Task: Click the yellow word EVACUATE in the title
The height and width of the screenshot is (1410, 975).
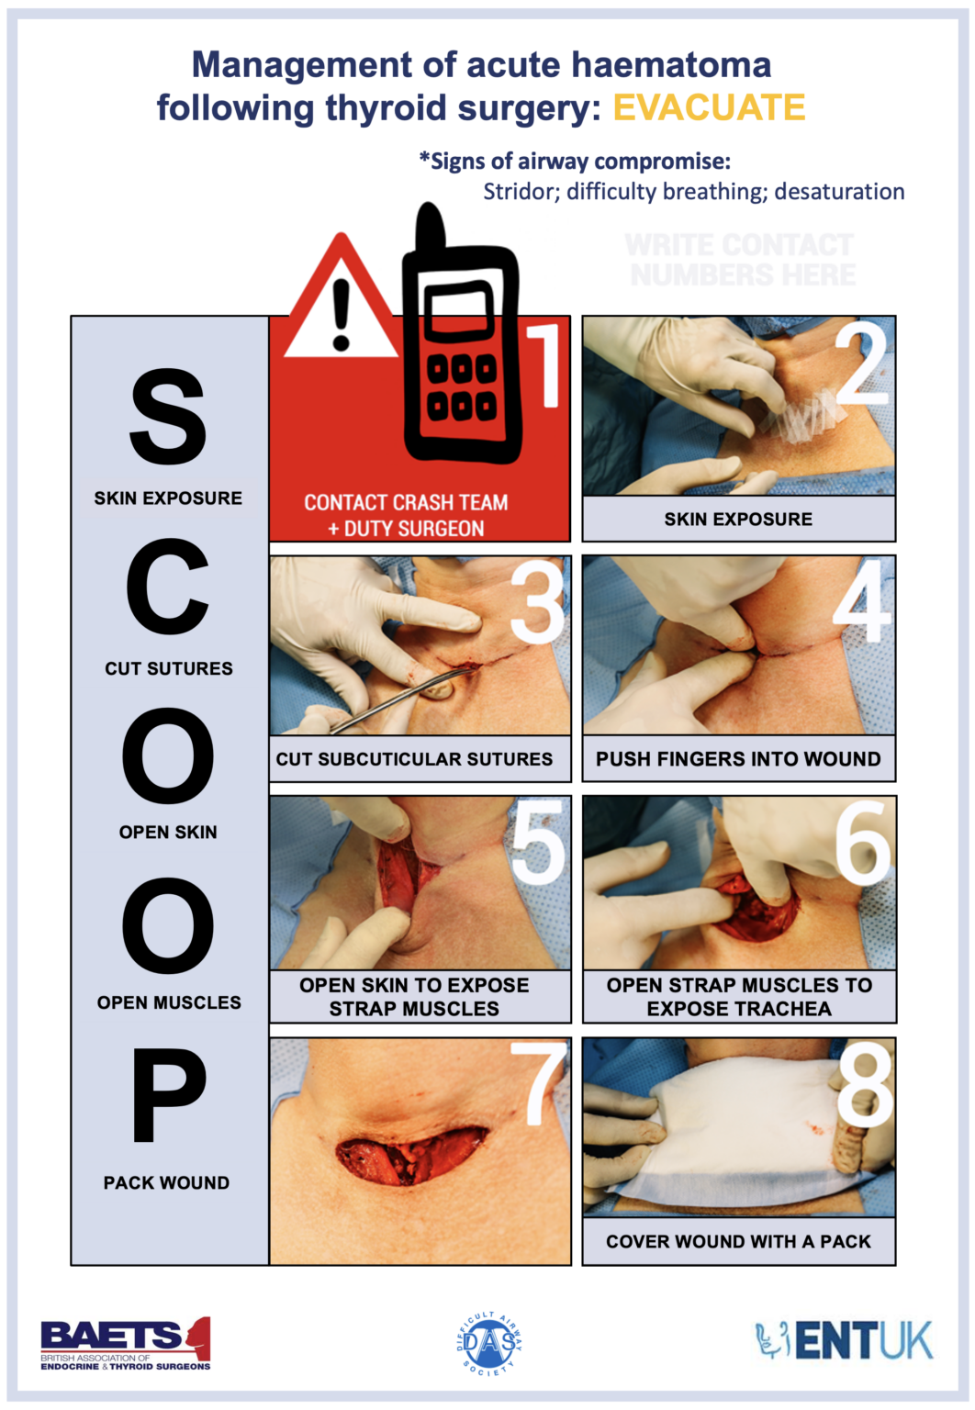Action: point(709,107)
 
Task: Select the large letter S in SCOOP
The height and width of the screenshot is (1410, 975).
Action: point(168,417)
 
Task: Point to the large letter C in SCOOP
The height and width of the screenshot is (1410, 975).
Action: point(168,587)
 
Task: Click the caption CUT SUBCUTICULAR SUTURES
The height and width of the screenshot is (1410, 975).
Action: point(415,759)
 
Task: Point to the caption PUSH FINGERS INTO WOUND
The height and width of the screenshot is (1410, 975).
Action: point(738,759)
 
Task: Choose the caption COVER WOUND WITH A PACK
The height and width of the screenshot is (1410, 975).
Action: point(738,1241)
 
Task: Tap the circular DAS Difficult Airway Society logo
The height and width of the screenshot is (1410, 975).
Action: point(489,1343)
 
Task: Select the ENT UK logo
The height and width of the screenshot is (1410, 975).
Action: point(844,1341)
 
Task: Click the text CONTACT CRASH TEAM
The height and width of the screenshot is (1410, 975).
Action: point(406,503)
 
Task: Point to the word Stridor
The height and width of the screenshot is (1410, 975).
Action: point(520,192)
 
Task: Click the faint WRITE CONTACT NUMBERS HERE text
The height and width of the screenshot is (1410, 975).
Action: point(741,260)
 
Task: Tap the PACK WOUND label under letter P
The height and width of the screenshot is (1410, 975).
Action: point(166,1182)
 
